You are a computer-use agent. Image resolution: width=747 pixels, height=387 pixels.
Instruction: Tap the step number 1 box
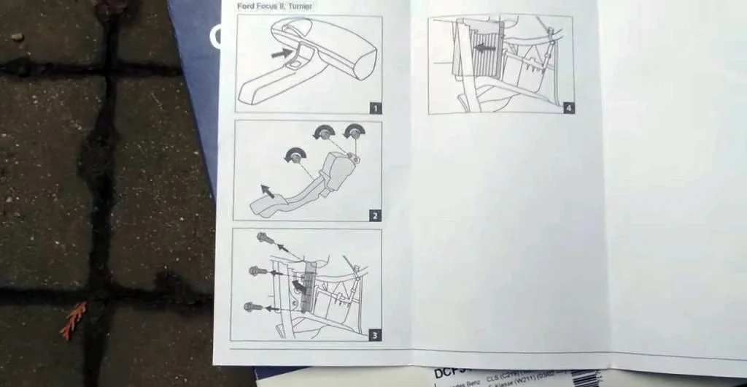pos(375,107)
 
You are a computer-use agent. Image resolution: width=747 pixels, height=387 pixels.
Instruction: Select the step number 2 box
pos(374,215)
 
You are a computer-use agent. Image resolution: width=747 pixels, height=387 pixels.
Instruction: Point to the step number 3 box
pos(374,335)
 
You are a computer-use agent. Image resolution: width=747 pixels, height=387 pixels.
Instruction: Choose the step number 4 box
pos(569,108)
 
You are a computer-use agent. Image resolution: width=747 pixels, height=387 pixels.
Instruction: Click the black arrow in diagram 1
pos(281,53)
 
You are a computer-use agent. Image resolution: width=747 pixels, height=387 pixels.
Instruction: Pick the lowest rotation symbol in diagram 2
pos(295,156)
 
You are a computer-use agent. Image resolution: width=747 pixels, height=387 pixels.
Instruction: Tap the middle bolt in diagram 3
pos(258,271)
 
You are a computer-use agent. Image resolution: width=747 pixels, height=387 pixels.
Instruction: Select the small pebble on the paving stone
pos(17,37)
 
